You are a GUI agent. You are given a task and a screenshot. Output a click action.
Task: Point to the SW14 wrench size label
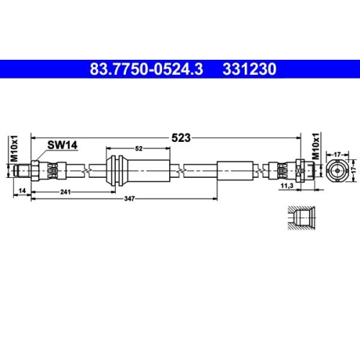tap(62, 145)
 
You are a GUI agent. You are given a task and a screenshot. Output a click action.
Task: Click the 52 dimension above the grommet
tap(139, 148)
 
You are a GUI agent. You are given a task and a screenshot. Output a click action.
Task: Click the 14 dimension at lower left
tap(23, 190)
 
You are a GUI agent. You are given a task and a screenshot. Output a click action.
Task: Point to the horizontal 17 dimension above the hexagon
tap(336, 152)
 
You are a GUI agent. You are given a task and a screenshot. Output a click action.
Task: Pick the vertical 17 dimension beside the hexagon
tap(354, 170)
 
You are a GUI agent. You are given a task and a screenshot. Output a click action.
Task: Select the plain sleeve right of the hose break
tap(235, 170)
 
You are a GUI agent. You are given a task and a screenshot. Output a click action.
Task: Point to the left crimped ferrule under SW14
tap(54, 170)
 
